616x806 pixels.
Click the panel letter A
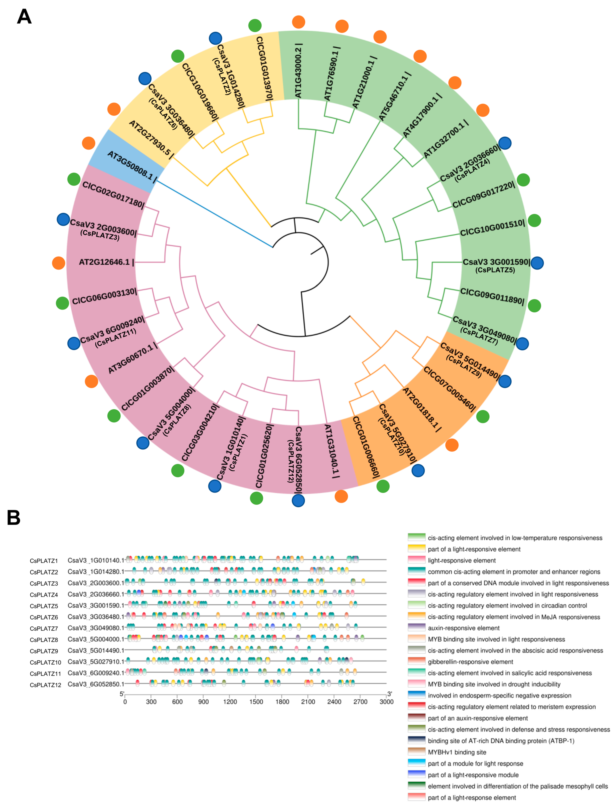click(x=24, y=17)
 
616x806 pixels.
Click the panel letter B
click(x=14, y=518)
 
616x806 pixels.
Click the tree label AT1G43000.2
click(x=298, y=73)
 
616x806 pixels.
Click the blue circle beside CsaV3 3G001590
click(x=537, y=263)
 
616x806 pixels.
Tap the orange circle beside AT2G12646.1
click(x=59, y=263)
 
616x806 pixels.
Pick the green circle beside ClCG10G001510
click(x=534, y=220)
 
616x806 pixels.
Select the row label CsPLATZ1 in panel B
click(x=44, y=561)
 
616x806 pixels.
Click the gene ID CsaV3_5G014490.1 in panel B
click(x=96, y=651)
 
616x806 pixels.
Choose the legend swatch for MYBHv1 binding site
click(x=416, y=752)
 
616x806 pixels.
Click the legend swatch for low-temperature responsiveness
click(x=416, y=537)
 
